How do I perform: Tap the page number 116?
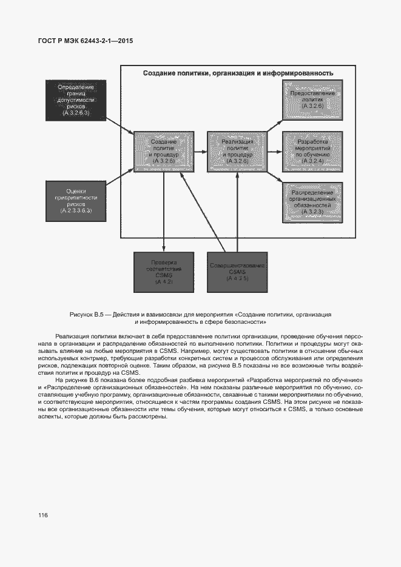[42, 515]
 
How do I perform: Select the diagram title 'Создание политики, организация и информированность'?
[238, 73]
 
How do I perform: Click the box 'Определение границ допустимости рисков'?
[76, 101]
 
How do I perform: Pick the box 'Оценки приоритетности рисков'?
[76, 200]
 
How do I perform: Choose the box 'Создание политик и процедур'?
[163, 152]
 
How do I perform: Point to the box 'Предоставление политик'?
[312, 101]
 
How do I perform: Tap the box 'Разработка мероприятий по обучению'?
[312, 152]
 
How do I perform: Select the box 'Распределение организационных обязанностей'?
[312, 203]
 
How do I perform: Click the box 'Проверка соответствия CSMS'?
[163, 272]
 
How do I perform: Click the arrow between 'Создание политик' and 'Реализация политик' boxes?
[201, 152]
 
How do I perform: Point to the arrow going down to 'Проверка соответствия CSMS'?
[163, 212]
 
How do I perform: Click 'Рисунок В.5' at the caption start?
[88, 315]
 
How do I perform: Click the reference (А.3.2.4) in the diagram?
[312, 162]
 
